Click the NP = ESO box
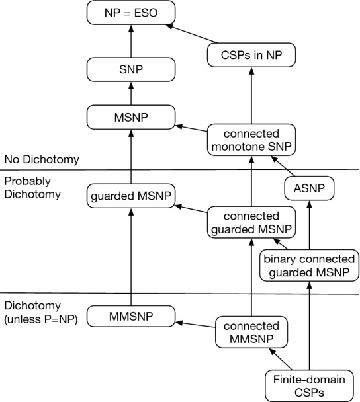130,12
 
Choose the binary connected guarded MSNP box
310,265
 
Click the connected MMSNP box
251,331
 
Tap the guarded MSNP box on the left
130,196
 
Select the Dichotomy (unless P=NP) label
40,313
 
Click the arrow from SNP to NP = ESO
130,40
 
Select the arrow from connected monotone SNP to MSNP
191,127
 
